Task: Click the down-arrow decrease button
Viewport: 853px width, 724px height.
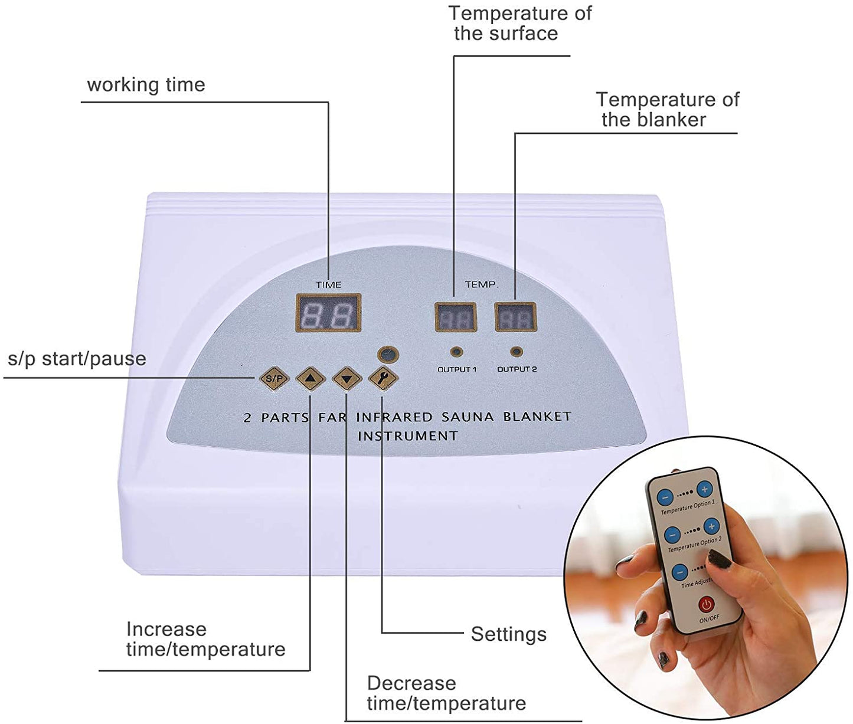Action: (x=347, y=378)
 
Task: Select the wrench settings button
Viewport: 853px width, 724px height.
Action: (x=383, y=378)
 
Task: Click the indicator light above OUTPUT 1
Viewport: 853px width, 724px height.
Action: (x=456, y=352)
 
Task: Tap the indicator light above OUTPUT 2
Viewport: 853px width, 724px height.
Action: (x=517, y=352)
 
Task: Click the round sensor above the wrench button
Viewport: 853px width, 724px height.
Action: (x=388, y=355)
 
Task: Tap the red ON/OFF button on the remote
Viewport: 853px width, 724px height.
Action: (x=707, y=605)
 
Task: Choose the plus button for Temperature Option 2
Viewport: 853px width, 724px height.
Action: (x=711, y=527)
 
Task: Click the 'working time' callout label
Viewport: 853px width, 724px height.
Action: (x=146, y=85)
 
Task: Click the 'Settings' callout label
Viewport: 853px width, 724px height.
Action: (x=508, y=634)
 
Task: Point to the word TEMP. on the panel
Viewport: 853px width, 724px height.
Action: (x=481, y=284)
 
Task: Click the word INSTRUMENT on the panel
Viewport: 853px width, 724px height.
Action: (x=407, y=436)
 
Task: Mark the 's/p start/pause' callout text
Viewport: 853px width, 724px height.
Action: (x=77, y=359)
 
